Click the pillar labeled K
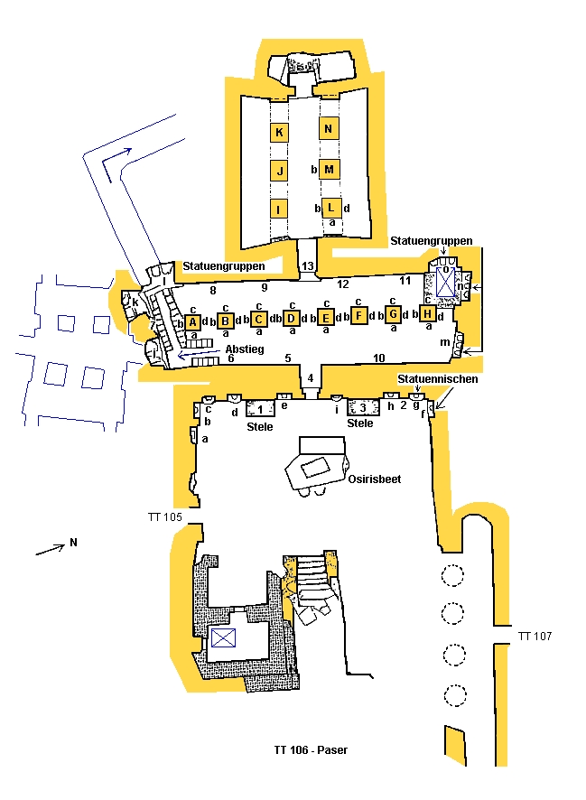(x=280, y=132)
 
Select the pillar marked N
(x=329, y=128)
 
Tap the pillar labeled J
(x=280, y=170)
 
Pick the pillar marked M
(x=329, y=169)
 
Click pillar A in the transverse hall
(x=192, y=321)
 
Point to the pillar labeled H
(x=427, y=314)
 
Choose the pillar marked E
(x=326, y=317)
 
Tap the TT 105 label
(x=164, y=517)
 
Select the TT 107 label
(x=535, y=637)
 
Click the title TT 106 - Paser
(x=310, y=749)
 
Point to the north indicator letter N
(x=72, y=543)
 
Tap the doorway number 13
(x=308, y=265)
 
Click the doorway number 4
(x=310, y=377)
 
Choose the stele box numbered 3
(x=361, y=409)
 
